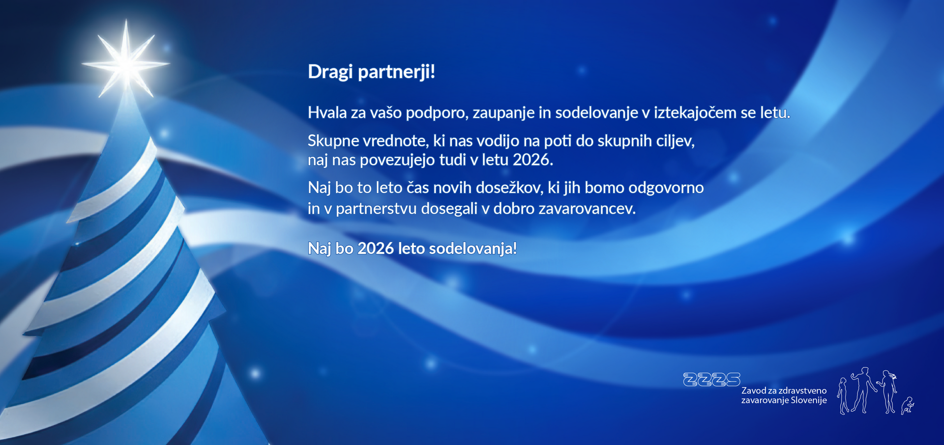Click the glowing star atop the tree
coord(126,63)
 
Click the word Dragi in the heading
coord(330,72)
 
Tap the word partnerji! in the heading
coord(396,72)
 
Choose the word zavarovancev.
coord(587,209)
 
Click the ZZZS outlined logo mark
coord(711,379)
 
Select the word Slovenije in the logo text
coord(808,400)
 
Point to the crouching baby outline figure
coord(908,406)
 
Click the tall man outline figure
coord(863,390)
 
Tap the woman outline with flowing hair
coord(888,391)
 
